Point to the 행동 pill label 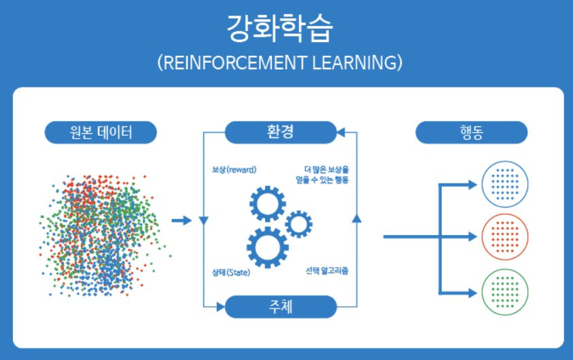[x=471, y=132]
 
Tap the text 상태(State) [x=231, y=273]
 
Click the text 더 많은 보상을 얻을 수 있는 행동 [x=326, y=175]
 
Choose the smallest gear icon [x=298, y=223]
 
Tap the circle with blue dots [x=504, y=183]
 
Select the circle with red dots [x=504, y=237]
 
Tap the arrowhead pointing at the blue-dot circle [x=473, y=183]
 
